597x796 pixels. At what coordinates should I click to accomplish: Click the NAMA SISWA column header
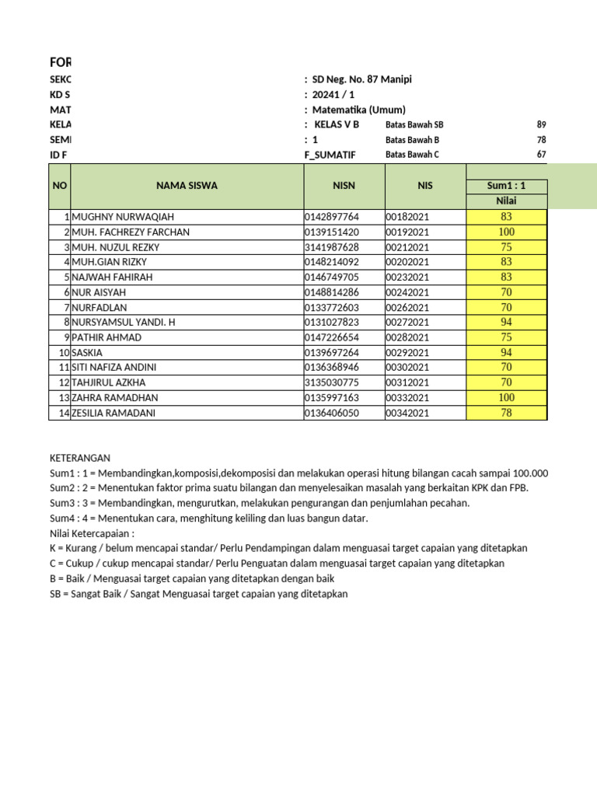click(187, 186)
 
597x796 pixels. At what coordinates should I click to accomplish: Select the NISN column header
click(344, 186)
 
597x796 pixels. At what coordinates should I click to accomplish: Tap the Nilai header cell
click(507, 201)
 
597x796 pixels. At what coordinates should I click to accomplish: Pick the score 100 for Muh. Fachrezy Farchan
click(507, 232)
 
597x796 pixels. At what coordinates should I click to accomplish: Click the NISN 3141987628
click(332, 247)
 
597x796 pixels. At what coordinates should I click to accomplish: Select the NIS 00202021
click(408, 262)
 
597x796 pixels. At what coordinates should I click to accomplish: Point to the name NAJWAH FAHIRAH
click(112, 278)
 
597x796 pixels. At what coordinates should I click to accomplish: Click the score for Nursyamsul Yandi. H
click(507, 323)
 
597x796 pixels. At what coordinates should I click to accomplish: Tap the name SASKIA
click(87, 353)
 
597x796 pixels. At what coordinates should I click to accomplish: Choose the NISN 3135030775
click(332, 383)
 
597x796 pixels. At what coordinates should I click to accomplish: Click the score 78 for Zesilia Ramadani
click(507, 413)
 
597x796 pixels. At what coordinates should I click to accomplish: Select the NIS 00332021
click(408, 398)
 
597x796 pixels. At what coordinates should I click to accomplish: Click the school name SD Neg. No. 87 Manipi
click(362, 80)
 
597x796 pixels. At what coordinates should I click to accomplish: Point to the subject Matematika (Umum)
click(359, 110)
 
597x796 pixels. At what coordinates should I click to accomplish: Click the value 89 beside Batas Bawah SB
click(541, 124)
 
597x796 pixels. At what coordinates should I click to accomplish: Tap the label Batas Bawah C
click(412, 155)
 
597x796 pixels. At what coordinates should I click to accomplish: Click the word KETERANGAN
click(80, 459)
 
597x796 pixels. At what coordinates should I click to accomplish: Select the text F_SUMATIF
click(330, 155)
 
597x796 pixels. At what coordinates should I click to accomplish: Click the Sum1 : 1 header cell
click(507, 187)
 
